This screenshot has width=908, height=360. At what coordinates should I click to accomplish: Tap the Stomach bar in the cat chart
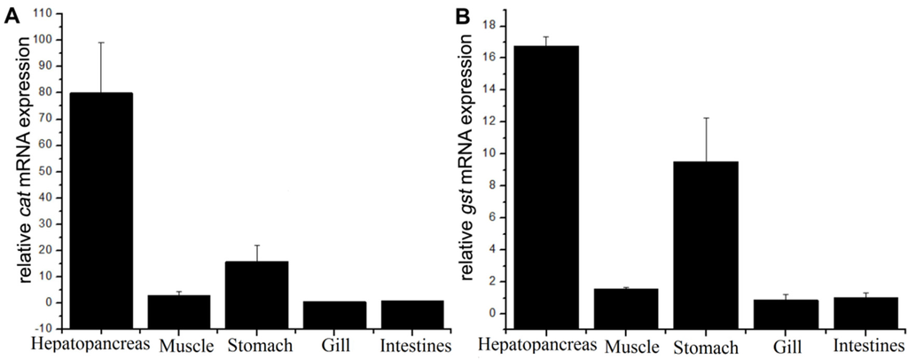tap(257, 284)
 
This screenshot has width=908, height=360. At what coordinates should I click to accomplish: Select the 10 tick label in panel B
tap(502, 153)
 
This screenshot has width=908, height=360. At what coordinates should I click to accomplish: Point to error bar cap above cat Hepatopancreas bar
tap(101, 42)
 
